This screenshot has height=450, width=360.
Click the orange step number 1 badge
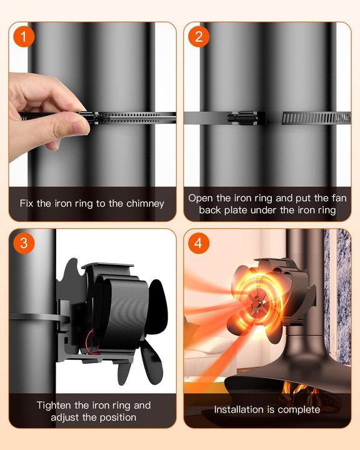click(24, 37)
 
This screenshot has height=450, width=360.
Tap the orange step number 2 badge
click(199, 37)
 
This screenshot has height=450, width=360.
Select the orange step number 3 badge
click(24, 242)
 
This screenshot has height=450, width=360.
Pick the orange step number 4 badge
click(199, 242)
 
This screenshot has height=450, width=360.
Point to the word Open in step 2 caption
click(202, 197)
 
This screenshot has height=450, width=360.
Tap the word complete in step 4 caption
click(297, 410)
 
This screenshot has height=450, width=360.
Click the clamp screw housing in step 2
click(247, 117)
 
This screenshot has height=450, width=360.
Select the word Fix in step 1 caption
click(29, 203)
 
